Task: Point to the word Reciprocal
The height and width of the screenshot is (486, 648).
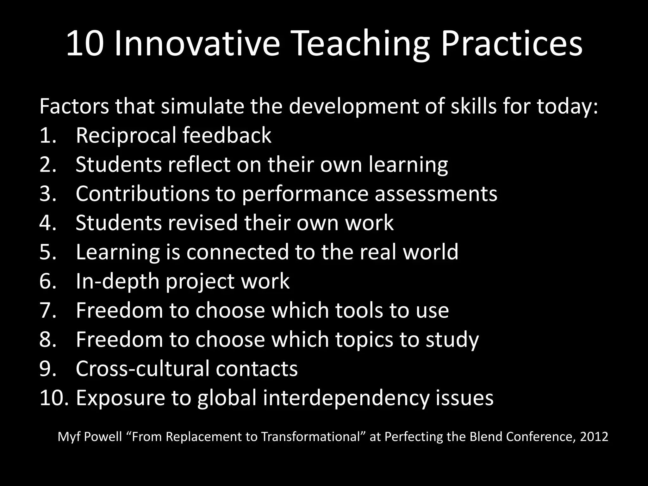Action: click(x=126, y=135)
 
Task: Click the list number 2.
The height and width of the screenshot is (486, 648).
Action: click(x=47, y=165)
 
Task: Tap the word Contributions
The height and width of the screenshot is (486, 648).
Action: click(x=142, y=194)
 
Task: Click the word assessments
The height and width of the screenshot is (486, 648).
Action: click(x=436, y=194)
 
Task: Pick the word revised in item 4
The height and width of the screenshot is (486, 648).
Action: click(x=202, y=223)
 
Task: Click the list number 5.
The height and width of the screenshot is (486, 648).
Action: click(x=47, y=252)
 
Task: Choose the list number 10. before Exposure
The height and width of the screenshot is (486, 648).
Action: click(x=54, y=398)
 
